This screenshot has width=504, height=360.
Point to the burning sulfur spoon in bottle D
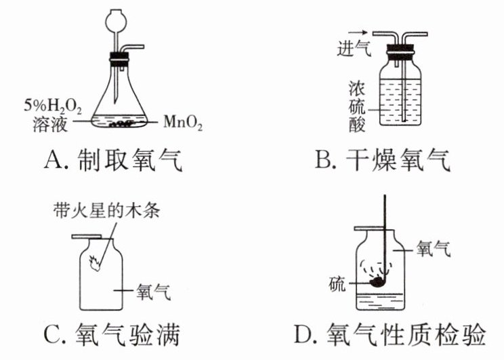point(375,277)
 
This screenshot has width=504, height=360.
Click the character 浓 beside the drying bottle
point(357,88)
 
